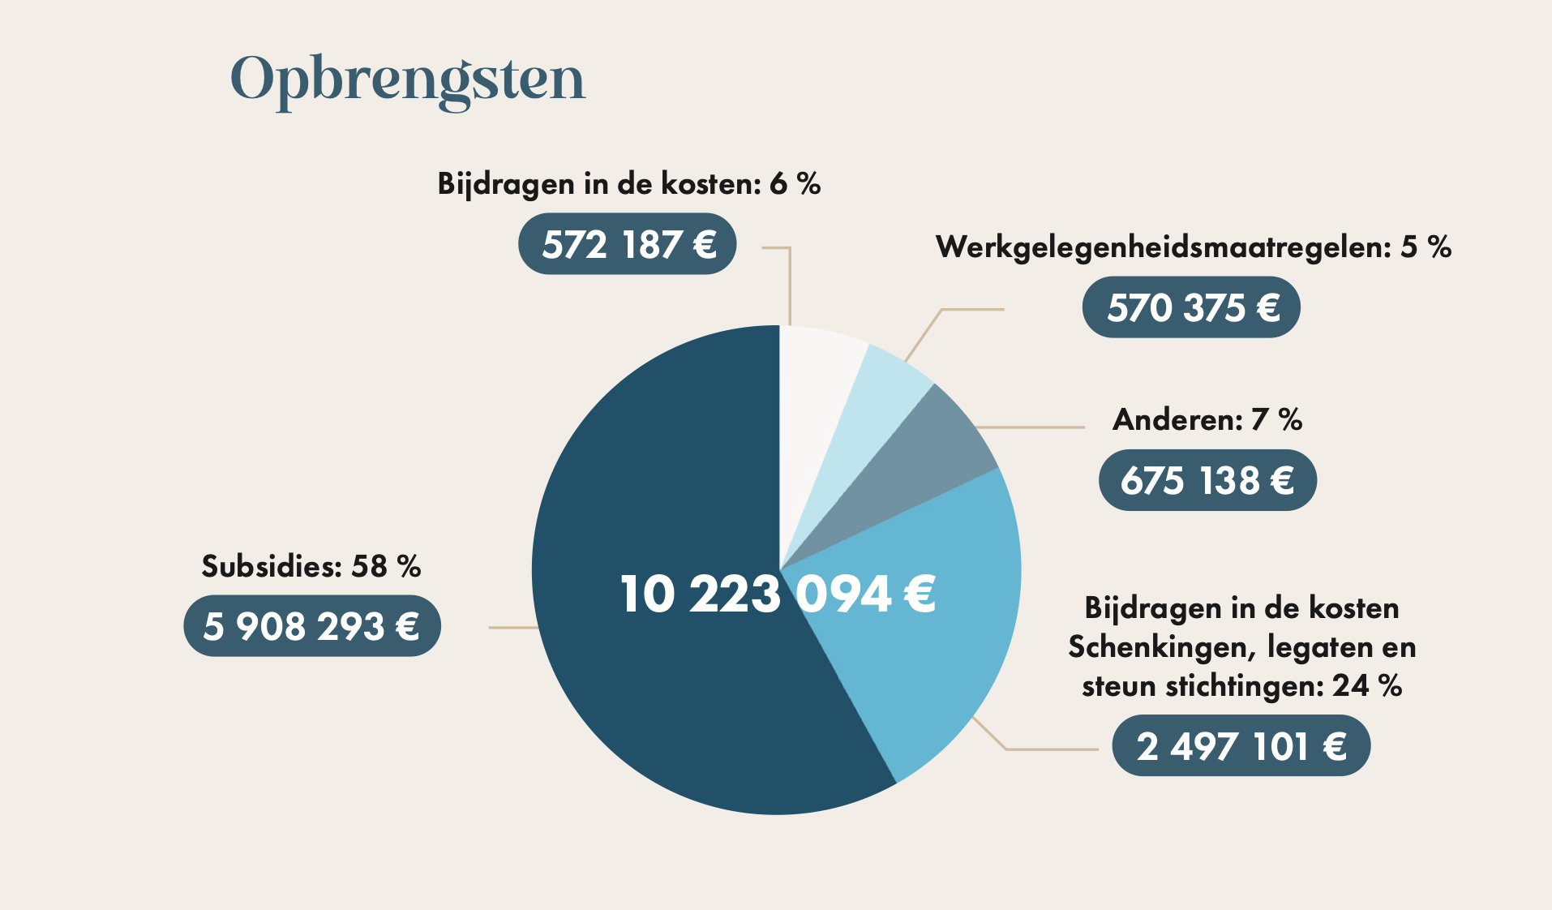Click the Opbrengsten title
click(407, 79)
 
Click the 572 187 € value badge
click(627, 244)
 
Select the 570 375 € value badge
click(1191, 307)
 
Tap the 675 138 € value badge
click(1207, 480)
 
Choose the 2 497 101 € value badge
click(1241, 746)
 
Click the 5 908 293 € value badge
click(312, 626)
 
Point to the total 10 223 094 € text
click(777, 594)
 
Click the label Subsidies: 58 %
click(311, 566)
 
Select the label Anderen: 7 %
click(1207, 419)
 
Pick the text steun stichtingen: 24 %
click(1241, 686)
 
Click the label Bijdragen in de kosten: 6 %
click(628, 184)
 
